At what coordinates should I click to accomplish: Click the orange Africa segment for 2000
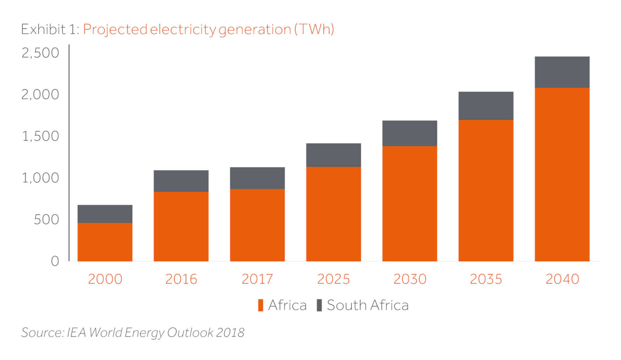click(105, 242)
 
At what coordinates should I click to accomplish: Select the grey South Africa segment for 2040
click(562, 72)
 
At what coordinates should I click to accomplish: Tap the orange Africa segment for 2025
click(333, 214)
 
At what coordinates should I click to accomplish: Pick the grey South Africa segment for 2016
click(181, 181)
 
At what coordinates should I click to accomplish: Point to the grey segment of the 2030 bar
click(409, 133)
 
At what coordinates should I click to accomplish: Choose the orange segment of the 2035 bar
click(486, 190)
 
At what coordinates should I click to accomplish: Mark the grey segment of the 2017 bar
click(257, 178)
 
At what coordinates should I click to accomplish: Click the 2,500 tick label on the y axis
click(40, 53)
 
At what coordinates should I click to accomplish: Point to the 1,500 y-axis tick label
click(40, 136)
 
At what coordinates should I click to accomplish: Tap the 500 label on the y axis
click(46, 220)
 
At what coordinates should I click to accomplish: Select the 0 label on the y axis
click(55, 261)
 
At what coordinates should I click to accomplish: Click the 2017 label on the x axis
click(257, 279)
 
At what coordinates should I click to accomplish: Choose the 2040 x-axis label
click(562, 279)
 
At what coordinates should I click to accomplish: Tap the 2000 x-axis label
click(105, 279)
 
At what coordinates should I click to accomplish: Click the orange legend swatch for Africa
click(260, 305)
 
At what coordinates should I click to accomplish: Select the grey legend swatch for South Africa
click(319, 305)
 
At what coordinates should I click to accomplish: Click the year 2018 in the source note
click(230, 332)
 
